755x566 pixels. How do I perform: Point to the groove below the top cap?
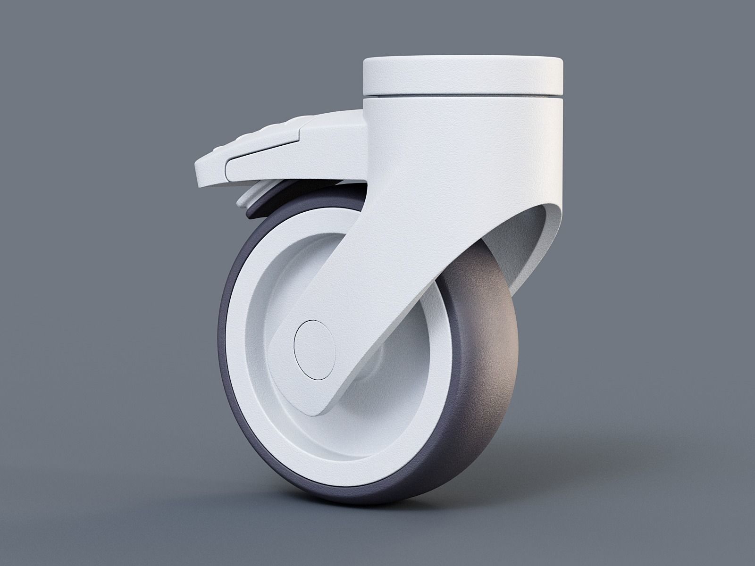(x=463, y=97)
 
